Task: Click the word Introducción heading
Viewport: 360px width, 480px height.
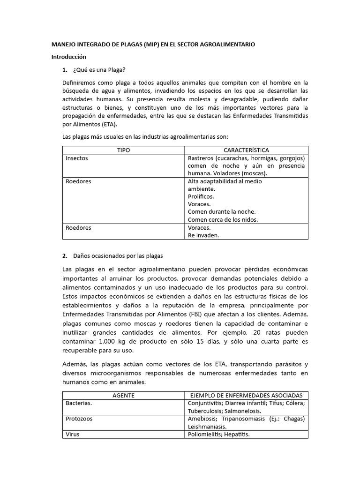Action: [x=68, y=57]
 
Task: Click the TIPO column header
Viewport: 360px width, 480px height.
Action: [x=123, y=150]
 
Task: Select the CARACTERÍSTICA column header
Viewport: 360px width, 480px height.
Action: [x=246, y=150]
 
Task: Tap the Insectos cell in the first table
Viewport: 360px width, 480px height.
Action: [x=77, y=158]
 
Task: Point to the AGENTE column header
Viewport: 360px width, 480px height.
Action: [x=123, y=395]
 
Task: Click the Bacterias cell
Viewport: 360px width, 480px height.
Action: [x=79, y=403]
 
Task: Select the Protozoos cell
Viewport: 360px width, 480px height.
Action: [x=79, y=419]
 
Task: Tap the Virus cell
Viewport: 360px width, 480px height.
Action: [x=73, y=434]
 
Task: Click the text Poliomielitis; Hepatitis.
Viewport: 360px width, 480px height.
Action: [x=218, y=434]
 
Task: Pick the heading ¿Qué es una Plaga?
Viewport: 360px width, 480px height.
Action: [x=99, y=70]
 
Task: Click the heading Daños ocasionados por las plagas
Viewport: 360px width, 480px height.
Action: [x=118, y=256]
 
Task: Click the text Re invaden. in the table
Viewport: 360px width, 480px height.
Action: [x=203, y=235]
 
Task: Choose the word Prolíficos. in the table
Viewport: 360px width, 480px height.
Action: [x=200, y=196]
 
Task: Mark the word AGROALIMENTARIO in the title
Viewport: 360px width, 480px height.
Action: [x=227, y=45]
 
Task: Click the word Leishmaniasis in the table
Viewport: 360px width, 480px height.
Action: [x=207, y=427]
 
